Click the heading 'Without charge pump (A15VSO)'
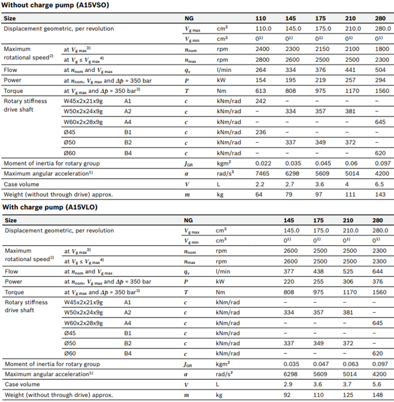tap(55, 6)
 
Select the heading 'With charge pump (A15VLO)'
tap(50, 207)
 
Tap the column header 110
tap(262, 18)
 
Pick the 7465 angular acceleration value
tap(262, 174)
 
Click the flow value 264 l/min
tap(262, 70)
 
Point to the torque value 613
tap(262, 91)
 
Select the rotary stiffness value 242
tap(262, 100)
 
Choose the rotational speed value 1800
tap(381, 49)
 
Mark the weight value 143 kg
tap(381, 194)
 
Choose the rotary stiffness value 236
tap(262, 132)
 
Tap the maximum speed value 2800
tap(262, 59)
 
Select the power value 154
tap(262, 81)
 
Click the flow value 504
tap(381, 70)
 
